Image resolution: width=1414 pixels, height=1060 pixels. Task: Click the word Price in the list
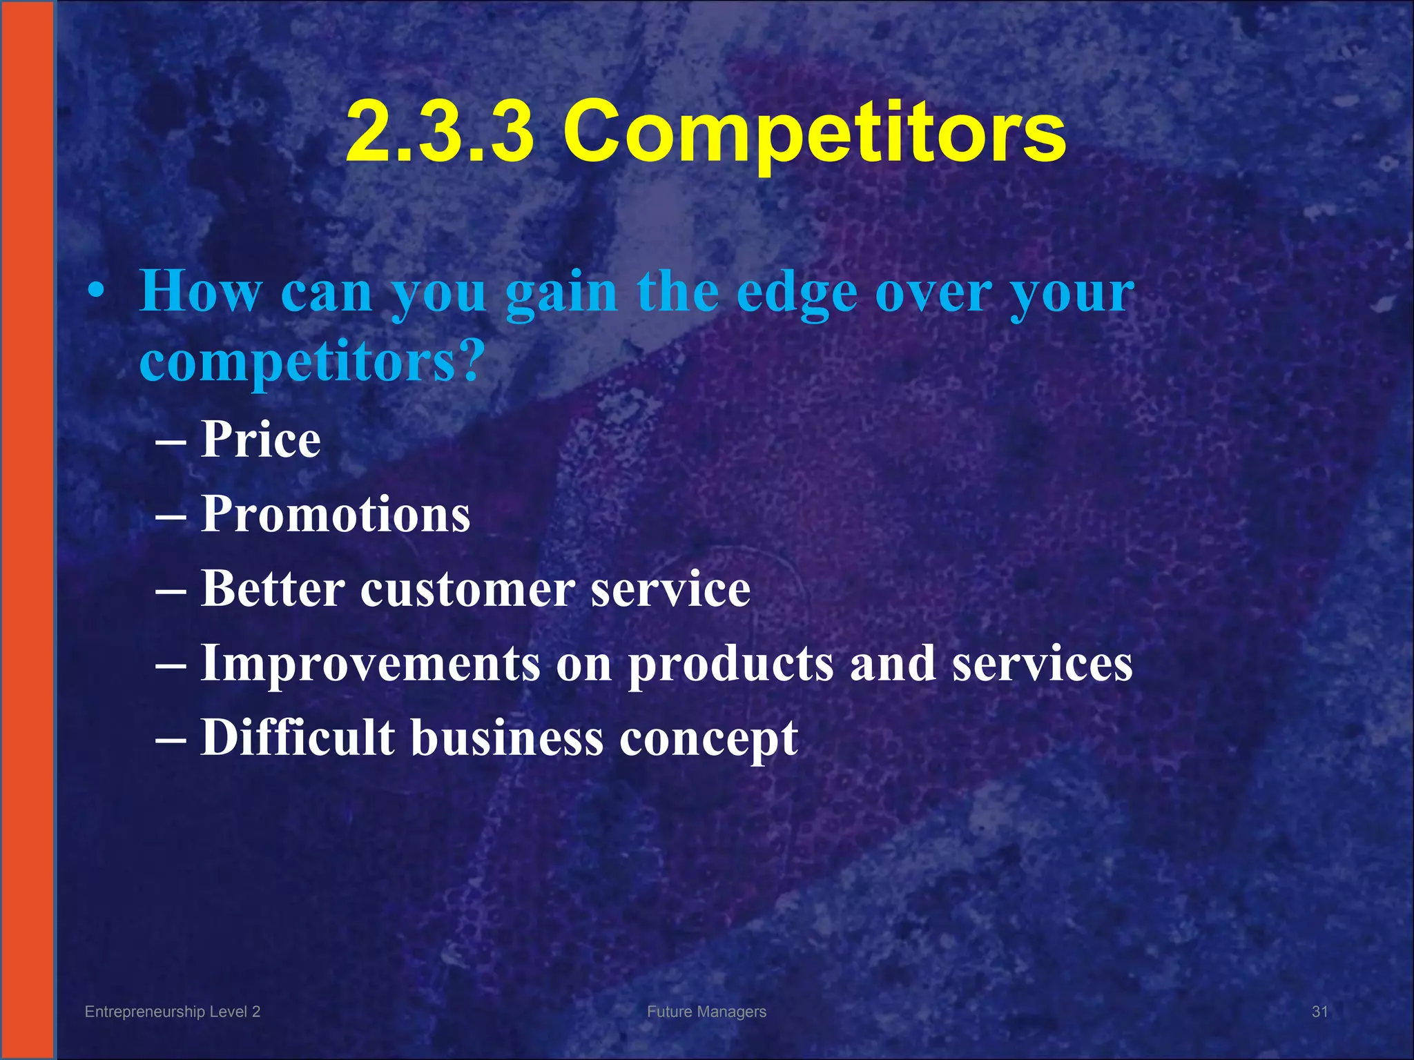pyautogui.click(x=261, y=440)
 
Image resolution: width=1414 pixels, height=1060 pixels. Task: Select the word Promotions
pyautogui.click(x=336, y=515)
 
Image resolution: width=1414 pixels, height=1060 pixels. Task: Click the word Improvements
pyautogui.click(x=370, y=664)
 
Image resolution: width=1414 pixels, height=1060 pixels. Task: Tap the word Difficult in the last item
pyautogui.click(x=298, y=738)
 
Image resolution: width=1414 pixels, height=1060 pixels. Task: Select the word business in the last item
pyautogui.click(x=507, y=738)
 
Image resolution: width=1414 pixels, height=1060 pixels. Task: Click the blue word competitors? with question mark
pyautogui.click(x=309, y=363)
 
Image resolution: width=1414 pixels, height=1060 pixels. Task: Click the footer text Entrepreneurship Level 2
pyautogui.click(x=172, y=1012)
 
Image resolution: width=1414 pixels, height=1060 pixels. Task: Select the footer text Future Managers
pyautogui.click(x=706, y=1012)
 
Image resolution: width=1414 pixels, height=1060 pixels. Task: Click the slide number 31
pyautogui.click(x=1319, y=1012)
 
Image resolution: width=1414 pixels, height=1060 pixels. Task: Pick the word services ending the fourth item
pyautogui.click(x=1043, y=664)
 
